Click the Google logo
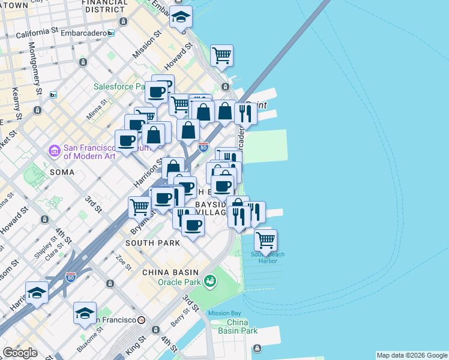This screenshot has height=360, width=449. point(20,353)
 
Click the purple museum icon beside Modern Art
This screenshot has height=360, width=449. point(55,149)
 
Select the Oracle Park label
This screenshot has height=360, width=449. point(178,282)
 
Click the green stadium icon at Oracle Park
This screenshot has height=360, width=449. point(209,280)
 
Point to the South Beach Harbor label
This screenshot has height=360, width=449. point(268,257)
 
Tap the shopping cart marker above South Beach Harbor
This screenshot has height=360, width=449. point(265,241)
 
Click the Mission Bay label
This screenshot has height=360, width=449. point(224,313)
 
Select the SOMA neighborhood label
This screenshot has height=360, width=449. point(62,172)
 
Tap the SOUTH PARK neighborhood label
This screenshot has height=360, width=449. point(152,243)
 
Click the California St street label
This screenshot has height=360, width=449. point(37,32)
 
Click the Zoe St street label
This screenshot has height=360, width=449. point(124,263)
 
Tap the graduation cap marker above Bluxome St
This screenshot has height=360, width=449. point(85,313)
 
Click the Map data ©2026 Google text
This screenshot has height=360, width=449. point(412,355)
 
